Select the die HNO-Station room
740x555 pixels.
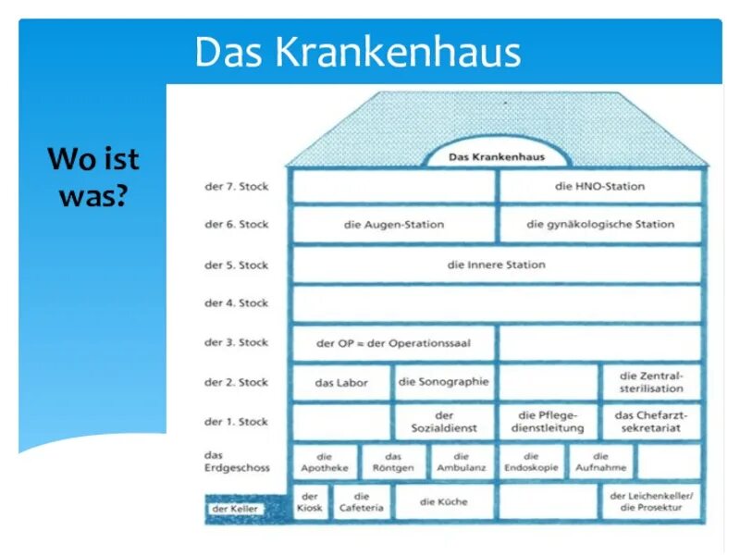tap(599, 187)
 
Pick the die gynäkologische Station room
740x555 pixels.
tap(599, 225)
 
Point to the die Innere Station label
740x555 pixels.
tap(497, 265)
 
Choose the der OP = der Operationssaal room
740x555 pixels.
tap(394, 343)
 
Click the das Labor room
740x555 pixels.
tap(341, 382)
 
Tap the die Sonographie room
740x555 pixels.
tap(444, 382)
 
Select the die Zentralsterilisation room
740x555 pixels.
tap(651, 382)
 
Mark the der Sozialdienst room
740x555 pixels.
tap(444, 422)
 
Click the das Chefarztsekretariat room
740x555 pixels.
tap(651, 422)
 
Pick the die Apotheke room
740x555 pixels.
tap(325, 462)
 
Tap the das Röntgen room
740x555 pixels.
tap(393, 462)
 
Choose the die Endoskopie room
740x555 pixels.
tap(531, 462)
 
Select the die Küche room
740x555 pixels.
tap(444, 502)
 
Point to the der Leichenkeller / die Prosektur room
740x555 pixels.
tap(651, 502)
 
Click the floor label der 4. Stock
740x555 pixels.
tap(236, 303)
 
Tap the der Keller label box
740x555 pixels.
tap(235, 509)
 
